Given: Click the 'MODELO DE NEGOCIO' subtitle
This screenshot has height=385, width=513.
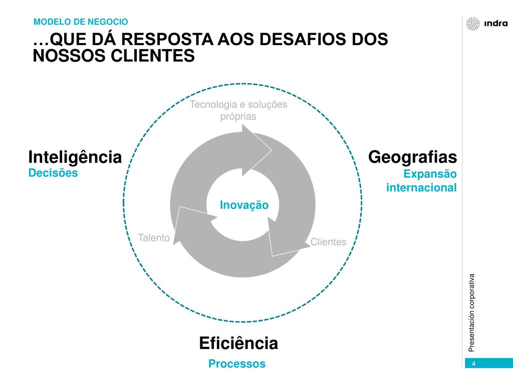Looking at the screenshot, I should click(81, 22).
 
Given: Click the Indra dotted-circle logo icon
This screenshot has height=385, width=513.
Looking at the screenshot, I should click(472, 24).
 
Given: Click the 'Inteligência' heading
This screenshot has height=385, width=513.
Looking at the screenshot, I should click(75, 157).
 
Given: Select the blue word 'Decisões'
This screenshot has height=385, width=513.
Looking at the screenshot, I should click(53, 173).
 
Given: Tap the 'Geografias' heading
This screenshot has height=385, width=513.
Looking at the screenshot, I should click(412, 157).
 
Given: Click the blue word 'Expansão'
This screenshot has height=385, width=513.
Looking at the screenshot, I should click(430, 174).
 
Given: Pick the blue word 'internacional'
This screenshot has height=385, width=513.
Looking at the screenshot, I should click(421, 187).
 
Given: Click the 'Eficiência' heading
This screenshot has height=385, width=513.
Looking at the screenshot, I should click(238, 343).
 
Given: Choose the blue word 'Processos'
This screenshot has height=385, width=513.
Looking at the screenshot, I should click(237, 364).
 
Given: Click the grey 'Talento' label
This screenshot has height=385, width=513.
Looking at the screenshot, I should click(154, 238).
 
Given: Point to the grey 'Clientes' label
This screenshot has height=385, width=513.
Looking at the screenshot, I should click(329, 242).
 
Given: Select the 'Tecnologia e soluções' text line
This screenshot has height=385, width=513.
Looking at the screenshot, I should click(238, 105).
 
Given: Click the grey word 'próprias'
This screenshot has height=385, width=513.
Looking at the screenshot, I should click(238, 116).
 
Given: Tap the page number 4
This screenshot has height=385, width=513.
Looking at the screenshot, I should click(473, 364).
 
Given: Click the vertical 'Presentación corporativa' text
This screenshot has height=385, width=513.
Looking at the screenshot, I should click(471, 311).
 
